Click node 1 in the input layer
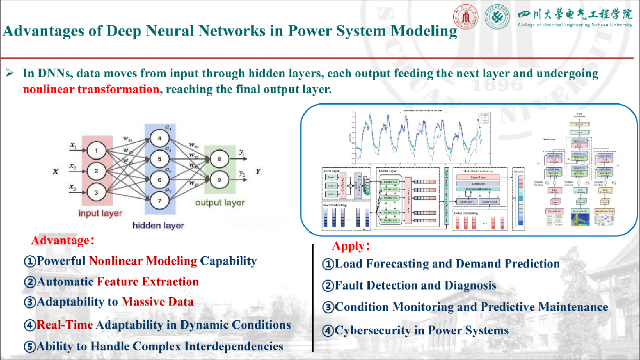pos(96,150)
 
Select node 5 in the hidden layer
pos(159,159)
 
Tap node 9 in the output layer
pos(219,180)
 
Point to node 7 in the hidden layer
pos(159,201)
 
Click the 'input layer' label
pos(100,213)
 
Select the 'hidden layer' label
pos(158,226)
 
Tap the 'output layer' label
pos(220,202)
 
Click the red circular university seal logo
pos(466,17)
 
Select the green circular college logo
pos(497,17)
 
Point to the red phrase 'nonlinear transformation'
pos(91,89)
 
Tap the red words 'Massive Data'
pos(158,302)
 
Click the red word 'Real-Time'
pos(65,325)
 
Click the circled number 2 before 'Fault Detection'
pos(328,286)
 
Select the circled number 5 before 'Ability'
pos(30,347)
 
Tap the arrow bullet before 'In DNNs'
pos(10,73)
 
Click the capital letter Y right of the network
pos(258,171)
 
